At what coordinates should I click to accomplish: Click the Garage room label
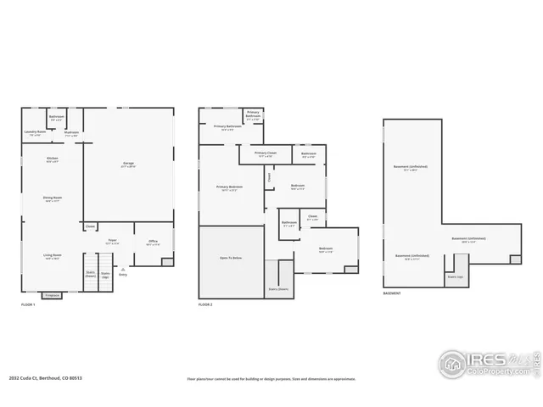[129, 164]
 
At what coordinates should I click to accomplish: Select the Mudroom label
[71, 133]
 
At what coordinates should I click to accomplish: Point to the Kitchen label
[53, 159]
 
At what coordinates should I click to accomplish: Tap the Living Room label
[53, 255]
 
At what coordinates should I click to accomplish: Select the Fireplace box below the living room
[52, 295]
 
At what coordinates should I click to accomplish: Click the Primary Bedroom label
[229, 187]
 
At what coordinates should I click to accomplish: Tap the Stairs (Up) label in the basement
[455, 276]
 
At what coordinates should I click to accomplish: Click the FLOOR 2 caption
[205, 304]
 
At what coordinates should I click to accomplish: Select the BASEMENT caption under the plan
[392, 293]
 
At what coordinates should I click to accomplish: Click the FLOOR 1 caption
[28, 304]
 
